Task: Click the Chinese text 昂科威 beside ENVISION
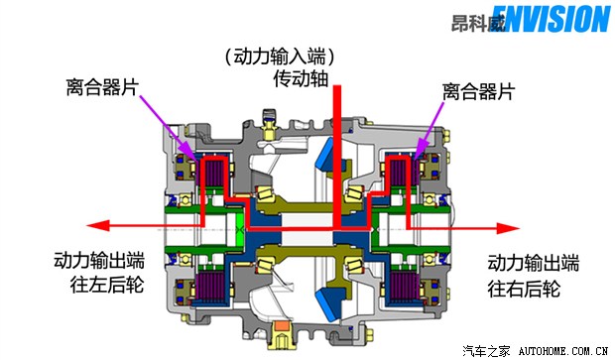(x=476, y=21)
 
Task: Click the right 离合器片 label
(x=478, y=91)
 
